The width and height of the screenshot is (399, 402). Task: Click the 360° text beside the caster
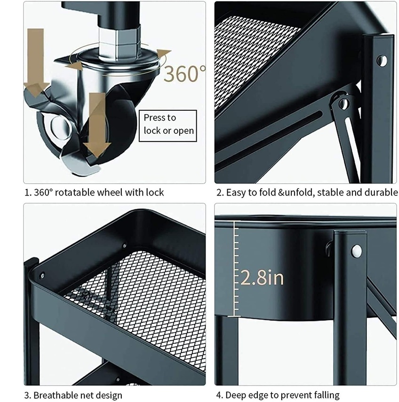pos(184,74)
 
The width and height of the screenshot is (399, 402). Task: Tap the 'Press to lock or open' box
pos(168,126)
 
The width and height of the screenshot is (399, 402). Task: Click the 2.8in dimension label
pos(262,278)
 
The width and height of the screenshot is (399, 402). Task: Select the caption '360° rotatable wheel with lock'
pos(94,192)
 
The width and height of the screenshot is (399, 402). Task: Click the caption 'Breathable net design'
pos(73,395)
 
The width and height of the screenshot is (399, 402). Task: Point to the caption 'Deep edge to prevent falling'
pos(278,395)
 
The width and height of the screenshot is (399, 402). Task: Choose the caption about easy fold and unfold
pos(307,192)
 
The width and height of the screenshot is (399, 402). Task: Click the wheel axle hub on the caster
pos(60,126)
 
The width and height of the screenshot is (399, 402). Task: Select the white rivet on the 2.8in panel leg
pos(357,251)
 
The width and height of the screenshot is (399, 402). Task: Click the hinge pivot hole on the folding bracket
pos(343,104)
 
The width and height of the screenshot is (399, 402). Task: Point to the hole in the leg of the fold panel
pos(382,61)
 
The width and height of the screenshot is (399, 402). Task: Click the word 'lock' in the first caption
pos(155,192)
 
